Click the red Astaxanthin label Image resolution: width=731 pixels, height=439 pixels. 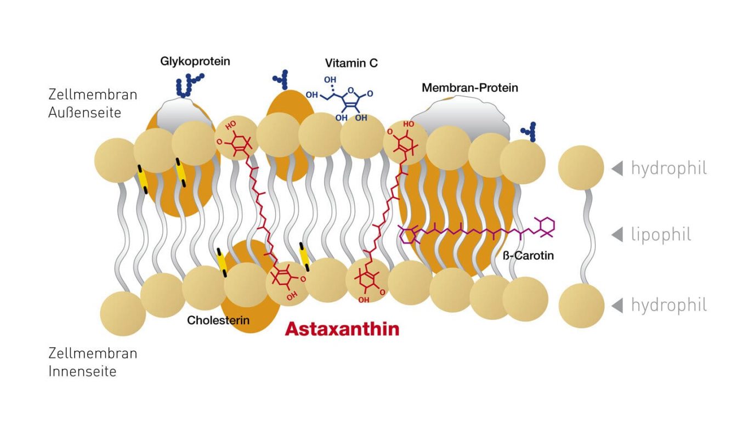pyautogui.click(x=342, y=329)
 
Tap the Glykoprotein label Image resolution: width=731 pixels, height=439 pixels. pyautogui.click(x=195, y=61)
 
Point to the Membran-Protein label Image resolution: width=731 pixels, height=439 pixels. pyautogui.click(x=469, y=88)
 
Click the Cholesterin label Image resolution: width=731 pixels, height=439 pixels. pyautogui.click(x=218, y=320)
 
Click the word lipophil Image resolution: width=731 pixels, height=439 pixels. pyautogui.click(x=661, y=235)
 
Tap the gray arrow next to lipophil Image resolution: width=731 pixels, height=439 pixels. pyautogui.click(x=617, y=235)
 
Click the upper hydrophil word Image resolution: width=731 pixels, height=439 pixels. pyautogui.click(x=668, y=168)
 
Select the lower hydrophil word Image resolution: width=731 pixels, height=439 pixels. pyautogui.click(x=668, y=305)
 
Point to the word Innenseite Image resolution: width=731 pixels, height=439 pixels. pyautogui.click(x=82, y=372)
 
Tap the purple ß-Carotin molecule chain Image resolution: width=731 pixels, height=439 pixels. pyautogui.click(x=477, y=232)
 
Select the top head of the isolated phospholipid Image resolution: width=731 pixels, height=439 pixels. pyautogui.click(x=581, y=168)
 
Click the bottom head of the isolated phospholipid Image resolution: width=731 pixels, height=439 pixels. pyautogui.click(x=581, y=306)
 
